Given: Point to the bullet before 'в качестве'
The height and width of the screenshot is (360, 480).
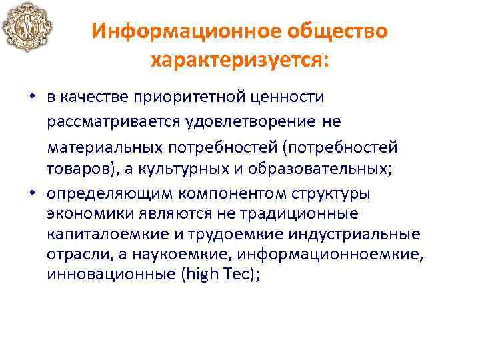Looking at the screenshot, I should click(x=31, y=98).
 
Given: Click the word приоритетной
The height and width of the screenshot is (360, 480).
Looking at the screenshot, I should click(x=193, y=98).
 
